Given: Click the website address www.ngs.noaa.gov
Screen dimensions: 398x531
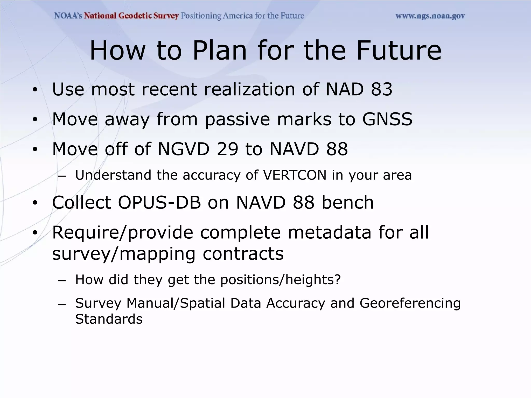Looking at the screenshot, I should tap(430, 16).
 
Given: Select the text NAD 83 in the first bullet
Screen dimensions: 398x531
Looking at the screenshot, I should tap(359, 89).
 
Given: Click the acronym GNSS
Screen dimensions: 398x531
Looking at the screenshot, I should tap(387, 119).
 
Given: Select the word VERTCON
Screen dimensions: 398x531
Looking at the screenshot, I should tap(295, 175).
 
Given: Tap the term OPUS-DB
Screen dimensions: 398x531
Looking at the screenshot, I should tap(159, 202).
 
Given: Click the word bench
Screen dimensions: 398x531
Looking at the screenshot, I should tap(347, 202).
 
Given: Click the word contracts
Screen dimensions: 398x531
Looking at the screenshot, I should tap(243, 254).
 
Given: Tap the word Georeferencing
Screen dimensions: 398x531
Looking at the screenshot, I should tap(410, 303).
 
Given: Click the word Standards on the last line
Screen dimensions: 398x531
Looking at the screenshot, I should tap(109, 319).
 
